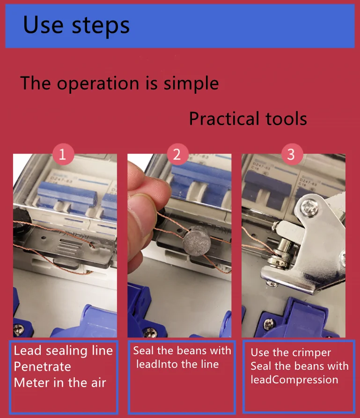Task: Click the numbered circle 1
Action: (x=63, y=154)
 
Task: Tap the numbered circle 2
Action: (x=177, y=154)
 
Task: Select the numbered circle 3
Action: (x=292, y=154)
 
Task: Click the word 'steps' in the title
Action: (x=101, y=26)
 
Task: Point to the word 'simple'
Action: (x=191, y=84)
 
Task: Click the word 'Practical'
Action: (x=224, y=119)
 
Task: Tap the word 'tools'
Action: (x=286, y=119)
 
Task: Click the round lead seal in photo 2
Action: (x=197, y=241)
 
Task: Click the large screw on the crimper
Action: (x=309, y=207)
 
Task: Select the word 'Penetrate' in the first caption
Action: (x=42, y=367)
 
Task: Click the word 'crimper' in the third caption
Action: (x=311, y=353)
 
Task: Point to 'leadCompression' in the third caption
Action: (x=294, y=380)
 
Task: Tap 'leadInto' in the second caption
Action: (x=155, y=364)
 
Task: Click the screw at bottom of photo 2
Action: (x=150, y=332)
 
